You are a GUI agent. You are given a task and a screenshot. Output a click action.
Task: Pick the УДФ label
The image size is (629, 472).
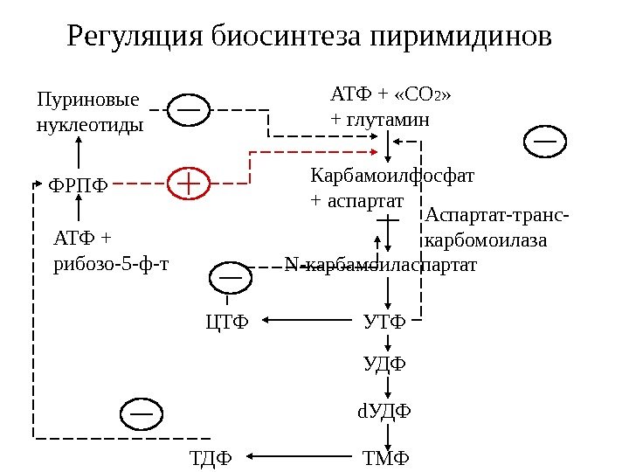coord(385,363)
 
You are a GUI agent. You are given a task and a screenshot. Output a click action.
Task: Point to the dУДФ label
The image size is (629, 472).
coord(385,410)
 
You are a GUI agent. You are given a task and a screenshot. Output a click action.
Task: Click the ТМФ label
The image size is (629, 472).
coord(385,456)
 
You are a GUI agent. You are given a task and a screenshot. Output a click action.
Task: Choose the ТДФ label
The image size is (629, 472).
coord(211,456)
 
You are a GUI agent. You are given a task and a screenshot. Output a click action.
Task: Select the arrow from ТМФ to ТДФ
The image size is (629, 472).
coord(297,455)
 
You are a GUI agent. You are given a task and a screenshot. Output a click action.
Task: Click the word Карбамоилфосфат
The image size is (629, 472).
coord(392,176)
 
